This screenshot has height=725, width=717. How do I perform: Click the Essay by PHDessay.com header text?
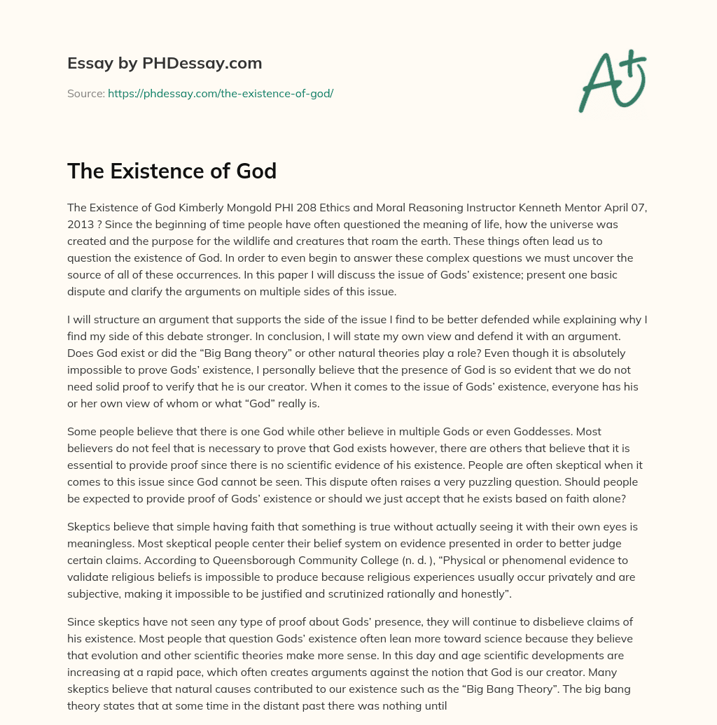[x=165, y=64]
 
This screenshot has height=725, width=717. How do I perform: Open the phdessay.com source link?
[x=221, y=93]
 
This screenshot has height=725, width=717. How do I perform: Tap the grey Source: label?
[x=86, y=93]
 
